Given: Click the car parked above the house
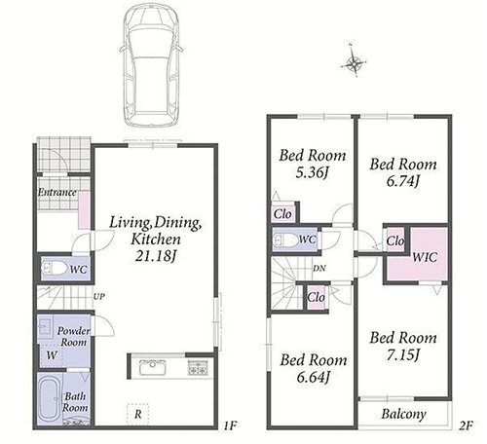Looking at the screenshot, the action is coord(151,65).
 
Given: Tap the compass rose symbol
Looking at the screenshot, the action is coord(354,61).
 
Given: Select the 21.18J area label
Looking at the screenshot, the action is coord(155,256).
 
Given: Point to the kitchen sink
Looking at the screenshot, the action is coord(153,367).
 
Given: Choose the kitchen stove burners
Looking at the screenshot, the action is coord(198,367).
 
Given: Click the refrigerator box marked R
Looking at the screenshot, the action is coord(138,414).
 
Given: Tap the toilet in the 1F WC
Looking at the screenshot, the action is coord(55,269).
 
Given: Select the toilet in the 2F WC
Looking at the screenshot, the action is coord(286,240).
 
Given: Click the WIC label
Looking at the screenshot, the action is coord(425,257).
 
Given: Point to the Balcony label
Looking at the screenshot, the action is coord(403,414).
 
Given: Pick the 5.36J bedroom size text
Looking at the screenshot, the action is coord(312,172).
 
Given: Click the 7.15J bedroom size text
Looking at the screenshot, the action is coord(403,354).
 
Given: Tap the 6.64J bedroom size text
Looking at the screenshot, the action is coord(314,377).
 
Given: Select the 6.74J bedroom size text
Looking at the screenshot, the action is coord(403,181).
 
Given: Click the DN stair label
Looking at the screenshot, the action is coord(319,269).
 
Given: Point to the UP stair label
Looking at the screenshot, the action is coord(99,296).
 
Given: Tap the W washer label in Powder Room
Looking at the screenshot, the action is coord(52,355).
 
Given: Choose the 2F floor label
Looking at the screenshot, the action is coord(466,425).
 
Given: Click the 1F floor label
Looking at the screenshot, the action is coord(230,425).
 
